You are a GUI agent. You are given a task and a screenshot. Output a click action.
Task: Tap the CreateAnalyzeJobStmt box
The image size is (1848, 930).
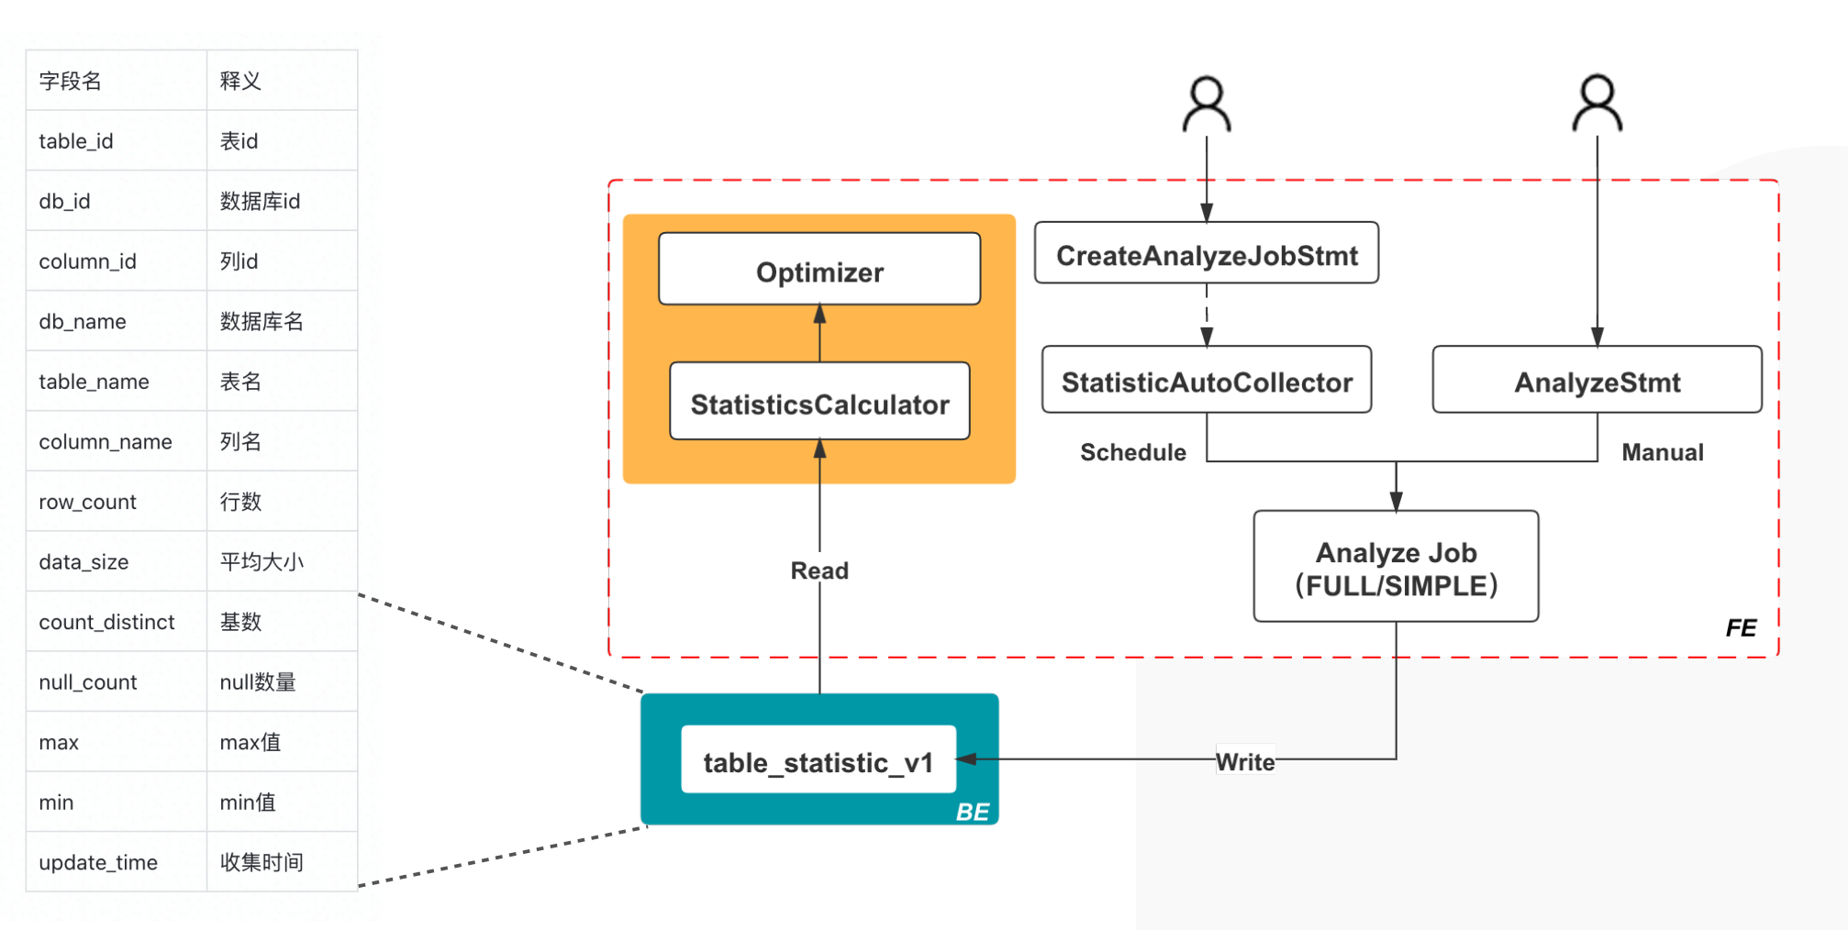coord(1206,254)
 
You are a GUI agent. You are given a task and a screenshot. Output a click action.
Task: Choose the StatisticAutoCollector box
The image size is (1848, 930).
coord(1206,381)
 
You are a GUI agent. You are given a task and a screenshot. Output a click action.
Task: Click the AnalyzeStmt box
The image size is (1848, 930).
coord(1597,381)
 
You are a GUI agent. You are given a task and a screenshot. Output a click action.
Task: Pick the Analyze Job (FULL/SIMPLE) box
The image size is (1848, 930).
coord(1396,568)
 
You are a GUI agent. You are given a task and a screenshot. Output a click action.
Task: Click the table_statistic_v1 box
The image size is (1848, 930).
coord(818,761)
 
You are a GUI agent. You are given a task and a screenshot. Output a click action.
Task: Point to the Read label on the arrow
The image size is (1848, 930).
coord(819,570)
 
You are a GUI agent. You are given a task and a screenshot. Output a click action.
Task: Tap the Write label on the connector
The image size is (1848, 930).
coord(1245,761)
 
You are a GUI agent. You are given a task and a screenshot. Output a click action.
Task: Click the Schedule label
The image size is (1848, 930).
coord(1132,452)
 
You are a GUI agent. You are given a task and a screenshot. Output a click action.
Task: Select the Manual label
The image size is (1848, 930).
coord(1662,452)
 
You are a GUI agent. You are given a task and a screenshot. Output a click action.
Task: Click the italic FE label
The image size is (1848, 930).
coord(1740,628)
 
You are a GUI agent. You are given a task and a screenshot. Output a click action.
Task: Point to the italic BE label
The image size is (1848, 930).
coord(972,812)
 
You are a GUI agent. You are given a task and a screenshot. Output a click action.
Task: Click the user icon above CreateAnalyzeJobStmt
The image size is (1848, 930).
coord(1206,104)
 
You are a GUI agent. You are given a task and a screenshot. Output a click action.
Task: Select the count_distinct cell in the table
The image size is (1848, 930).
coord(106,622)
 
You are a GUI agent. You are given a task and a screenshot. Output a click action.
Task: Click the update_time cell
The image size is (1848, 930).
coord(98,862)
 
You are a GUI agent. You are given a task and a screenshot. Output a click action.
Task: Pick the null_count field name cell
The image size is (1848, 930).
coord(88,682)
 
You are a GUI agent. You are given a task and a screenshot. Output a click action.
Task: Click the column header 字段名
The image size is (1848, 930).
coord(70,81)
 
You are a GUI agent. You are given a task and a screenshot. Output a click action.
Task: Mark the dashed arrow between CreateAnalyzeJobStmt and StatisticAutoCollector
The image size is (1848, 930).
coord(1206,314)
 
